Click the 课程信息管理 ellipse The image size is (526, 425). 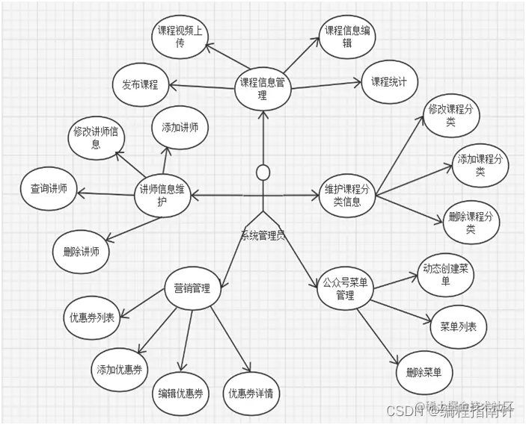262,88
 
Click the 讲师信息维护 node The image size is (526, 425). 162,196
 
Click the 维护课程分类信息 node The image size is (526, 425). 346,196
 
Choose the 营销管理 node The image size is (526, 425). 192,289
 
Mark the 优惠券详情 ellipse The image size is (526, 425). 250,393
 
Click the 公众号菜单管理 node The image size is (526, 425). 345,289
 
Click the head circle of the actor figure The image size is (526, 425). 263,173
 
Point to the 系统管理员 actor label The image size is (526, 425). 262,235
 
